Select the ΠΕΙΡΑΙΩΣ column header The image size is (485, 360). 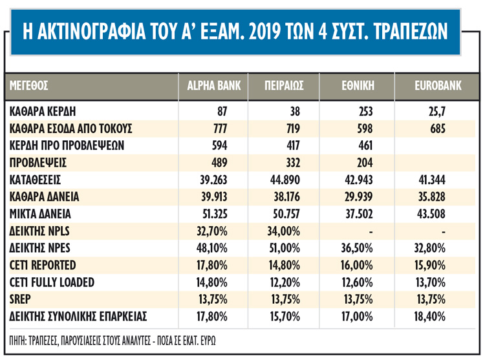point(284,85)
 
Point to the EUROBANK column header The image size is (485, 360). point(437,85)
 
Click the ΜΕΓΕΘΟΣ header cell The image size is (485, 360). point(30,85)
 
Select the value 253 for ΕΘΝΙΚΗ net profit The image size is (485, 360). point(365,111)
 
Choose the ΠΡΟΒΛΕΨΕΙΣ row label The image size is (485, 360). point(39,162)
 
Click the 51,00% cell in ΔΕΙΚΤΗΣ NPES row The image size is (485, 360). point(284,248)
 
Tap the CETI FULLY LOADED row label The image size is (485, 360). point(52,282)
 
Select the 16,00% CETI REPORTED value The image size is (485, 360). point(358,265)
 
